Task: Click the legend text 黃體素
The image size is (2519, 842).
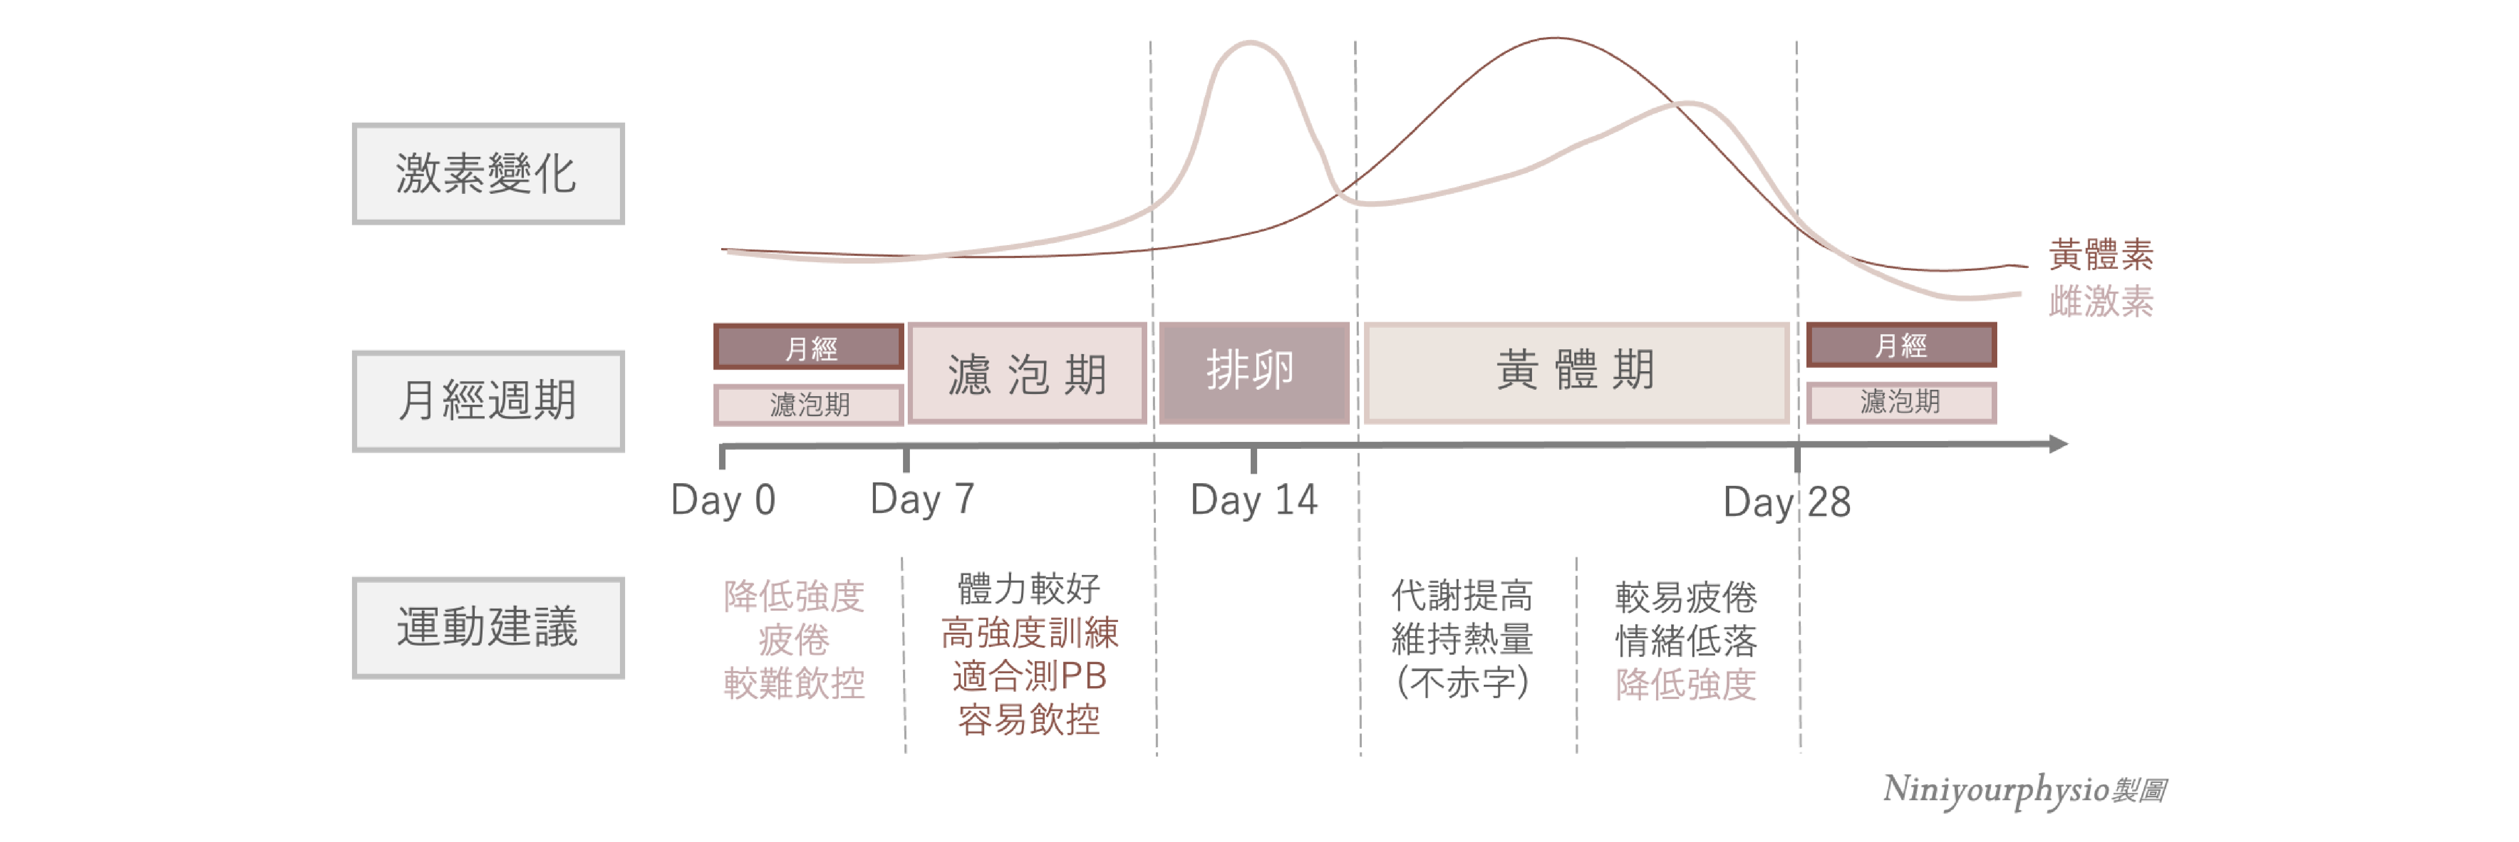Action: [2101, 255]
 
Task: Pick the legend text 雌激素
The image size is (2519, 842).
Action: [2101, 301]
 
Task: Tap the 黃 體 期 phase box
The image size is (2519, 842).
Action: [1576, 372]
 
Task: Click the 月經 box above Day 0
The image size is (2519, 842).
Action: [809, 347]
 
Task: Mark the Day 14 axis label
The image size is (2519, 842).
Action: [1254, 500]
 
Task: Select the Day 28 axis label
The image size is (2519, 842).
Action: [1787, 502]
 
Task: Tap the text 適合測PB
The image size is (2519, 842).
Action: [1029, 676]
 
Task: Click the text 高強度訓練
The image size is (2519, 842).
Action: [1029, 633]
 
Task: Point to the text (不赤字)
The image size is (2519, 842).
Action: [1462, 682]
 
